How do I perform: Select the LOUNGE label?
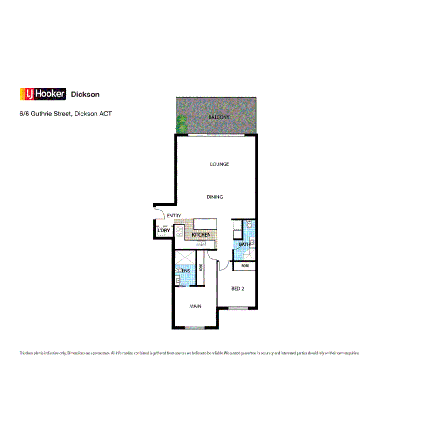(219, 164)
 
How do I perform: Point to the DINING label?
(215, 197)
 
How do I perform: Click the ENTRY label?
(174, 216)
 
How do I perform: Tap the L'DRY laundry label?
(163, 231)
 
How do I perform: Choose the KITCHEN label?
(201, 235)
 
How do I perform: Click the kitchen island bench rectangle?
(205, 224)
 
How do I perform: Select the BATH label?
(244, 244)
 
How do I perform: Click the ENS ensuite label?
(185, 271)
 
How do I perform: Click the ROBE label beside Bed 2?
(244, 266)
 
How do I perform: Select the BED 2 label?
(237, 289)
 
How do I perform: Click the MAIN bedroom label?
(195, 306)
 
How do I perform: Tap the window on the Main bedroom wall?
(195, 327)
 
